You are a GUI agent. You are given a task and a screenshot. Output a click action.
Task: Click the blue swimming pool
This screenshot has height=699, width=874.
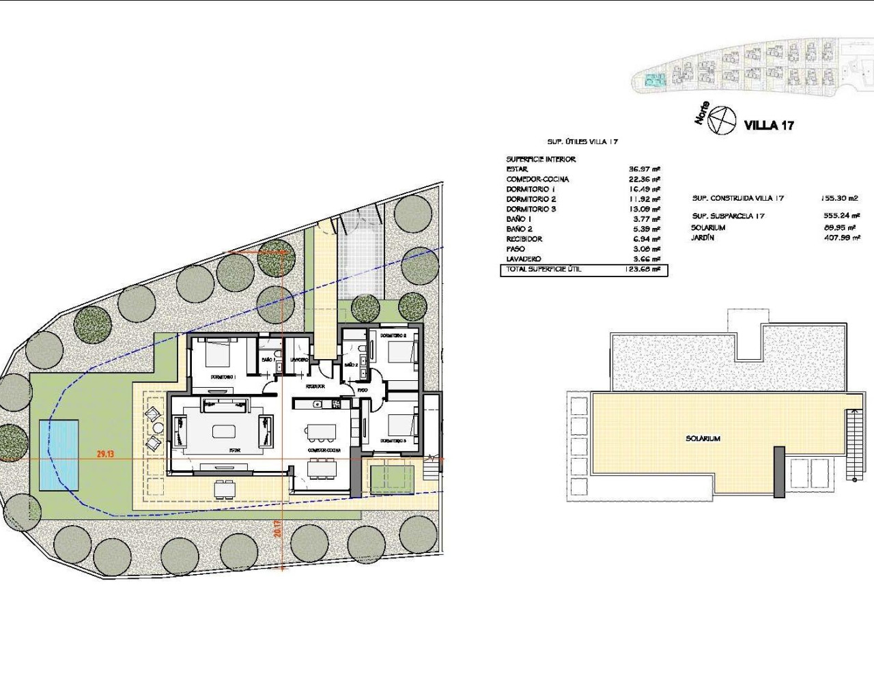coord(58,454)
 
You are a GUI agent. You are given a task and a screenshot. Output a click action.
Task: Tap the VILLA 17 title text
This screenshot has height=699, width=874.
coord(769,125)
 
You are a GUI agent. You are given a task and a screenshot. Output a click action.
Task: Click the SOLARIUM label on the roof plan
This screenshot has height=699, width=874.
coord(703,439)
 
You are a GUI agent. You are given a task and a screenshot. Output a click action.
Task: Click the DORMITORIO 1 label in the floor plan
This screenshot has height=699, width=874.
coord(223,377)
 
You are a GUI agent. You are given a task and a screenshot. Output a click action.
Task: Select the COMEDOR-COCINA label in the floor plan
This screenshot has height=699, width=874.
coord(324,451)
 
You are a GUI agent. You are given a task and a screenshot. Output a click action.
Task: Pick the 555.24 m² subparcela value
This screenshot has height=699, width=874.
coord(840,216)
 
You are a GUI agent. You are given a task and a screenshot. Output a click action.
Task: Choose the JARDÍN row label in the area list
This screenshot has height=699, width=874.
coord(703,238)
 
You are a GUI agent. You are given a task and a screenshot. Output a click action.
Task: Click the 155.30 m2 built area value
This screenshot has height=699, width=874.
coord(838,198)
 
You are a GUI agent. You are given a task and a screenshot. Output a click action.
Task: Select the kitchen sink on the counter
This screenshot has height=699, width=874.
coord(318,404)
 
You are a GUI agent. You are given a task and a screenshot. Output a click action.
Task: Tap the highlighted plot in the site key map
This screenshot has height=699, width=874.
coord(655,81)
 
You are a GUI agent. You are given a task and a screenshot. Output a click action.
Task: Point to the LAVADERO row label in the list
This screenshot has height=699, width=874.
coord(524,259)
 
